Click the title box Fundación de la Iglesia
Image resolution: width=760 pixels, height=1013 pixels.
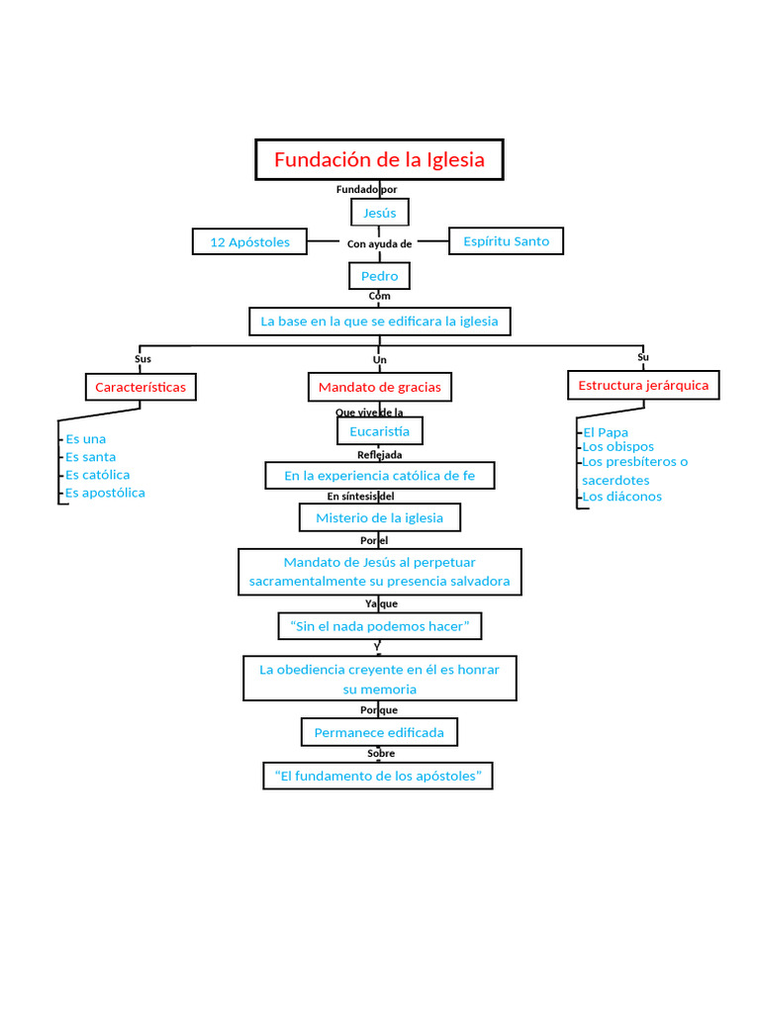tap(379, 159)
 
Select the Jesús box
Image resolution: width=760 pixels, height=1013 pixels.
tap(379, 213)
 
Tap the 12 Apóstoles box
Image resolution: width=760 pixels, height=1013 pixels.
tap(249, 241)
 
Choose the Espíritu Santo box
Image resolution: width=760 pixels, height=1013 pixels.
tap(506, 240)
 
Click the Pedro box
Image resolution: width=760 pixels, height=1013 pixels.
tap(379, 276)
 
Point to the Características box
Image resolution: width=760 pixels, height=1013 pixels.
tap(141, 387)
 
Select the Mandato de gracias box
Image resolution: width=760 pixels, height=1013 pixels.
tap(380, 387)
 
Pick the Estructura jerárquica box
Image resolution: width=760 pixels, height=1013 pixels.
tap(643, 385)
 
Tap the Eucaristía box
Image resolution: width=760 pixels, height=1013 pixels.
tap(379, 431)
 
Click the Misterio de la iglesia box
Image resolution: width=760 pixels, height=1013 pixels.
tap(379, 517)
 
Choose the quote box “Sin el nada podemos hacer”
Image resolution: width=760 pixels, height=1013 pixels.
tap(380, 626)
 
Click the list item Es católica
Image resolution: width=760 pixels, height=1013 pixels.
tap(98, 475)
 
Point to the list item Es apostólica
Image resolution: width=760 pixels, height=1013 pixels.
tap(105, 493)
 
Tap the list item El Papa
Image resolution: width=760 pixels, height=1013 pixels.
tap(606, 432)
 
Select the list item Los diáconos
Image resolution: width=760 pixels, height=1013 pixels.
tap(622, 497)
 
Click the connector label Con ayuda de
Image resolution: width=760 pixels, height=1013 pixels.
tap(379, 243)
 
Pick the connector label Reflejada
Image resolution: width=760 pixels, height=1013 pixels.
tap(379, 455)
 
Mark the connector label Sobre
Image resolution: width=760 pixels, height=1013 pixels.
tap(380, 753)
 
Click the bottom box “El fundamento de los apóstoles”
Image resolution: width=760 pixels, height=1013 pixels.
tap(377, 777)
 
